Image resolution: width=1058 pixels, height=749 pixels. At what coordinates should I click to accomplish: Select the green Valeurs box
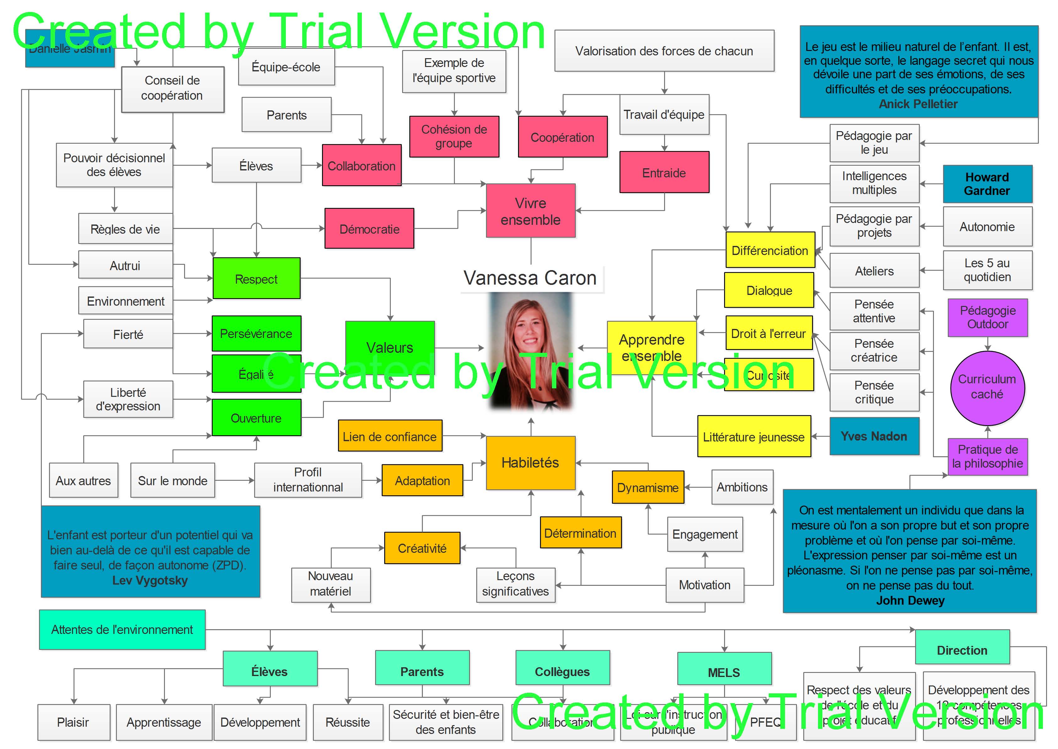point(390,347)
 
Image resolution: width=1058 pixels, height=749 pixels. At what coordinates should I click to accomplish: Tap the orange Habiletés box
point(530,463)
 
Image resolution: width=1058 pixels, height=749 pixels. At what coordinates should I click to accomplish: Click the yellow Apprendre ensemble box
point(652,347)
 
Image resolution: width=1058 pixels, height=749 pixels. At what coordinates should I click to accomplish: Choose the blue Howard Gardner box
point(987,184)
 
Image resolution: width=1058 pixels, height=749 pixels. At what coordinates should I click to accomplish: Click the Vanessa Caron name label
point(530,278)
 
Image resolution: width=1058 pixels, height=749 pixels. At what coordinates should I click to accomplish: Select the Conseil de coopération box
point(172,89)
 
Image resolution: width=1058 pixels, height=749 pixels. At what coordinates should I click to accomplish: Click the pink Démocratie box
point(369,229)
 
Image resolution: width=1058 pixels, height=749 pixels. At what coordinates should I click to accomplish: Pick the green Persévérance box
point(256,333)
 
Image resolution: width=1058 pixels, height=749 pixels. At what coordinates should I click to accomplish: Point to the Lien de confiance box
point(390,436)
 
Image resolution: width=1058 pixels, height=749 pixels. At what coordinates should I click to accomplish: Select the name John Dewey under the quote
point(910,601)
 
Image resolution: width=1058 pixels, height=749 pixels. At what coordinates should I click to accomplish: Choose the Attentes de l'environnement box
point(122,630)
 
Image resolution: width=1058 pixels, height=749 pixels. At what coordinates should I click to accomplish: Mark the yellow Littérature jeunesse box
point(754,437)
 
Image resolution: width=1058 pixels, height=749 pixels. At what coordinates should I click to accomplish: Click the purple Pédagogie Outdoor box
point(988,317)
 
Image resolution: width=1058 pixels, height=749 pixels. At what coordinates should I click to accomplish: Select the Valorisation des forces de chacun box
point(664,51)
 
